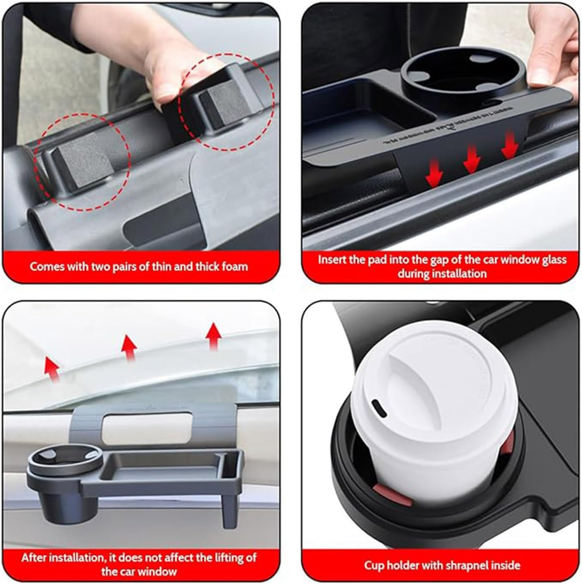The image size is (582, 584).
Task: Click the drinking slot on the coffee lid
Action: click(x=377, y=408)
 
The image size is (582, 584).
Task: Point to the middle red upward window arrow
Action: click(x=129, y=347)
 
